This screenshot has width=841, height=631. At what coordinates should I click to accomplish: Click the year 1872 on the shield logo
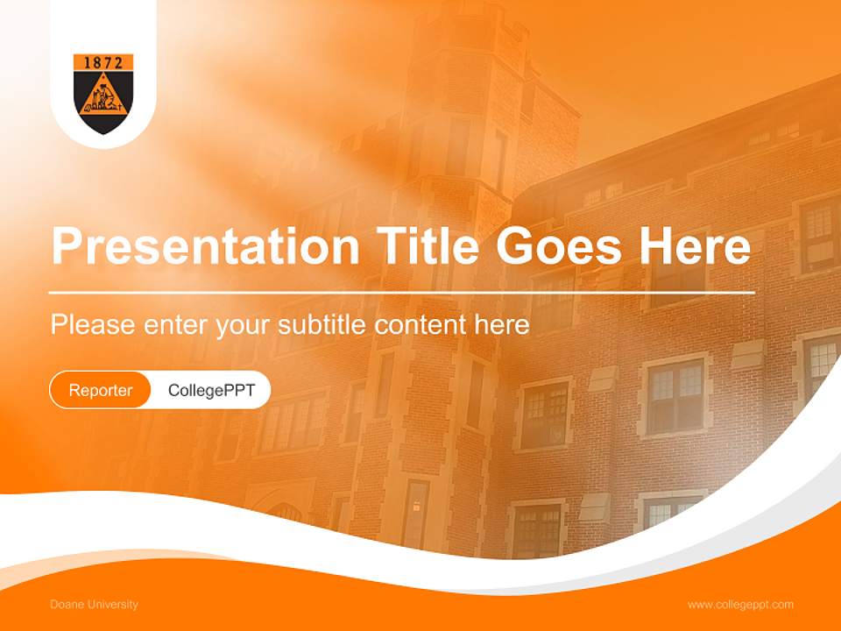103,62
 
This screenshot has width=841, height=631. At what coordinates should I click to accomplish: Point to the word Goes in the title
554,246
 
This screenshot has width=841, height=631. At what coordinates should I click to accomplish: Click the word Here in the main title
694,246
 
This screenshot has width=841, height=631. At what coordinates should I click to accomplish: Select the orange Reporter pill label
101,390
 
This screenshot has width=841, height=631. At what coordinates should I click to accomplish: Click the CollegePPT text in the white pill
211,390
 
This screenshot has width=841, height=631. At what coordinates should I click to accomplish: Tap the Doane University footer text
94,605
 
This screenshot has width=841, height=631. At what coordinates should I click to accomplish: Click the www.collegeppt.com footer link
740,605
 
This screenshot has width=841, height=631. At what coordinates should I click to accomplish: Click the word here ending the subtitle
501,324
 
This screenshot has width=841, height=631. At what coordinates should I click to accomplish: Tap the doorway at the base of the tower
415,517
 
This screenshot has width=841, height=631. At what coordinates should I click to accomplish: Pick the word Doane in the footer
63,605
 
